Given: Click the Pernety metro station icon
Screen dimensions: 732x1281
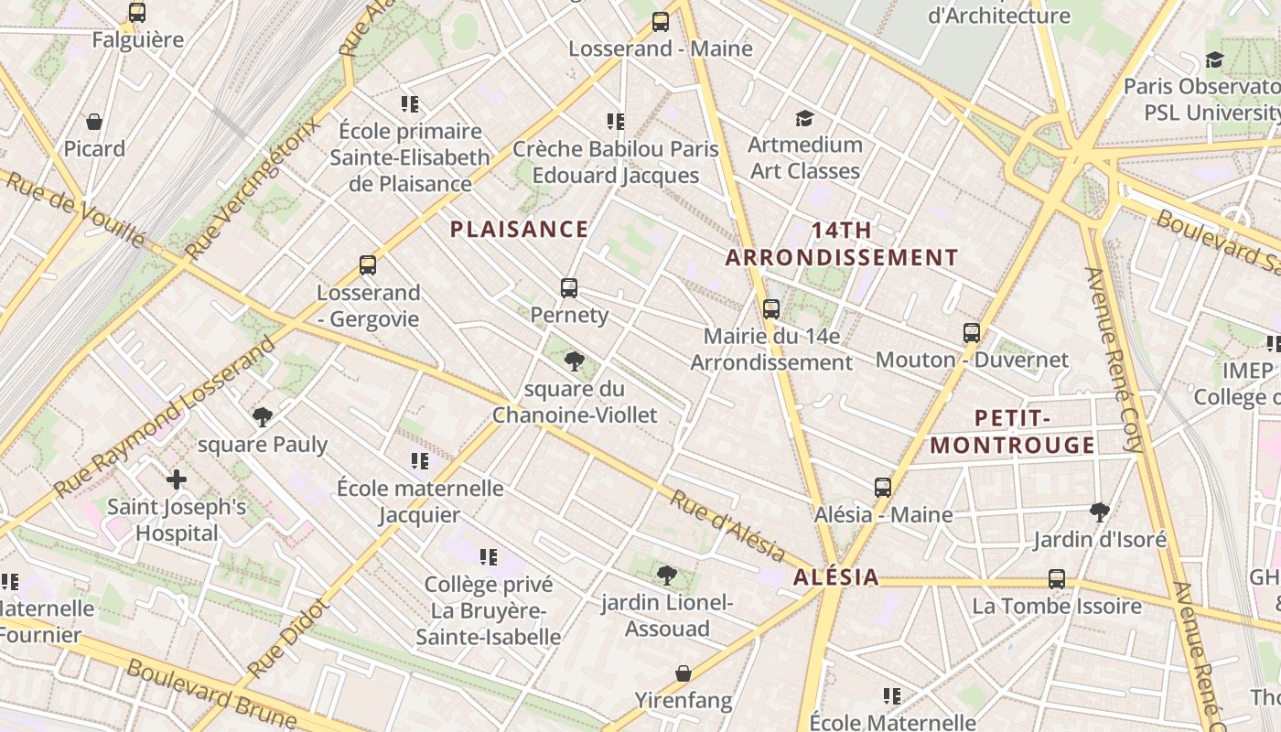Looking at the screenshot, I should (569, 288).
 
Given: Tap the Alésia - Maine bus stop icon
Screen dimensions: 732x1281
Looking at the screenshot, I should (883, 488).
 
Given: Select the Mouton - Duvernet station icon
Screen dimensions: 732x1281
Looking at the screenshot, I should (972, 333).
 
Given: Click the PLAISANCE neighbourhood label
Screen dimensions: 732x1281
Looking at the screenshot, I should (519, 230).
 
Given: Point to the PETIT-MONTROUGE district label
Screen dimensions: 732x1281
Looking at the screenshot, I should (1012, 432).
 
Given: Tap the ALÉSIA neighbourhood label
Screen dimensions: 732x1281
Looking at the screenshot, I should (836, 577).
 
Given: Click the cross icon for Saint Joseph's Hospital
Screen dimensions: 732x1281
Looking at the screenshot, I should (177, 479).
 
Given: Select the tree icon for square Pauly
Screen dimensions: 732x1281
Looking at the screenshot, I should (263, 417).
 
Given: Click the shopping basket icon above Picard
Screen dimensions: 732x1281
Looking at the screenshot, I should (94, 122).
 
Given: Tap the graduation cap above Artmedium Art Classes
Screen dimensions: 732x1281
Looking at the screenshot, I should (804, 118).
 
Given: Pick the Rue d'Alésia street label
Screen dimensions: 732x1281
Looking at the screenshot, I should (727, 526).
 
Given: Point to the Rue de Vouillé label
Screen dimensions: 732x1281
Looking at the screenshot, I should (75, 208).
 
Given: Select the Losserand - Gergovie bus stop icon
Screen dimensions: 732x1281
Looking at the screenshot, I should (368, 265).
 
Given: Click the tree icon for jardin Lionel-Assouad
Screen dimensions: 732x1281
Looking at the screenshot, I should (667, 576).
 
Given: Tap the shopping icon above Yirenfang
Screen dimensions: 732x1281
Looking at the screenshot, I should (684, 673).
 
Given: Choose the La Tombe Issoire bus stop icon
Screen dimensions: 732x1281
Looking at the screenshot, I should (1057, 579).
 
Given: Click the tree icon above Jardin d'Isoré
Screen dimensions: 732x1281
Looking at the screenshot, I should (1100, 511).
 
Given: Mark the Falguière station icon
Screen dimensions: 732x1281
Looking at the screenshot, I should (137, 13).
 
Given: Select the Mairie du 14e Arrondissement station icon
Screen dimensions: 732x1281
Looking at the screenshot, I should (771, 309).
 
